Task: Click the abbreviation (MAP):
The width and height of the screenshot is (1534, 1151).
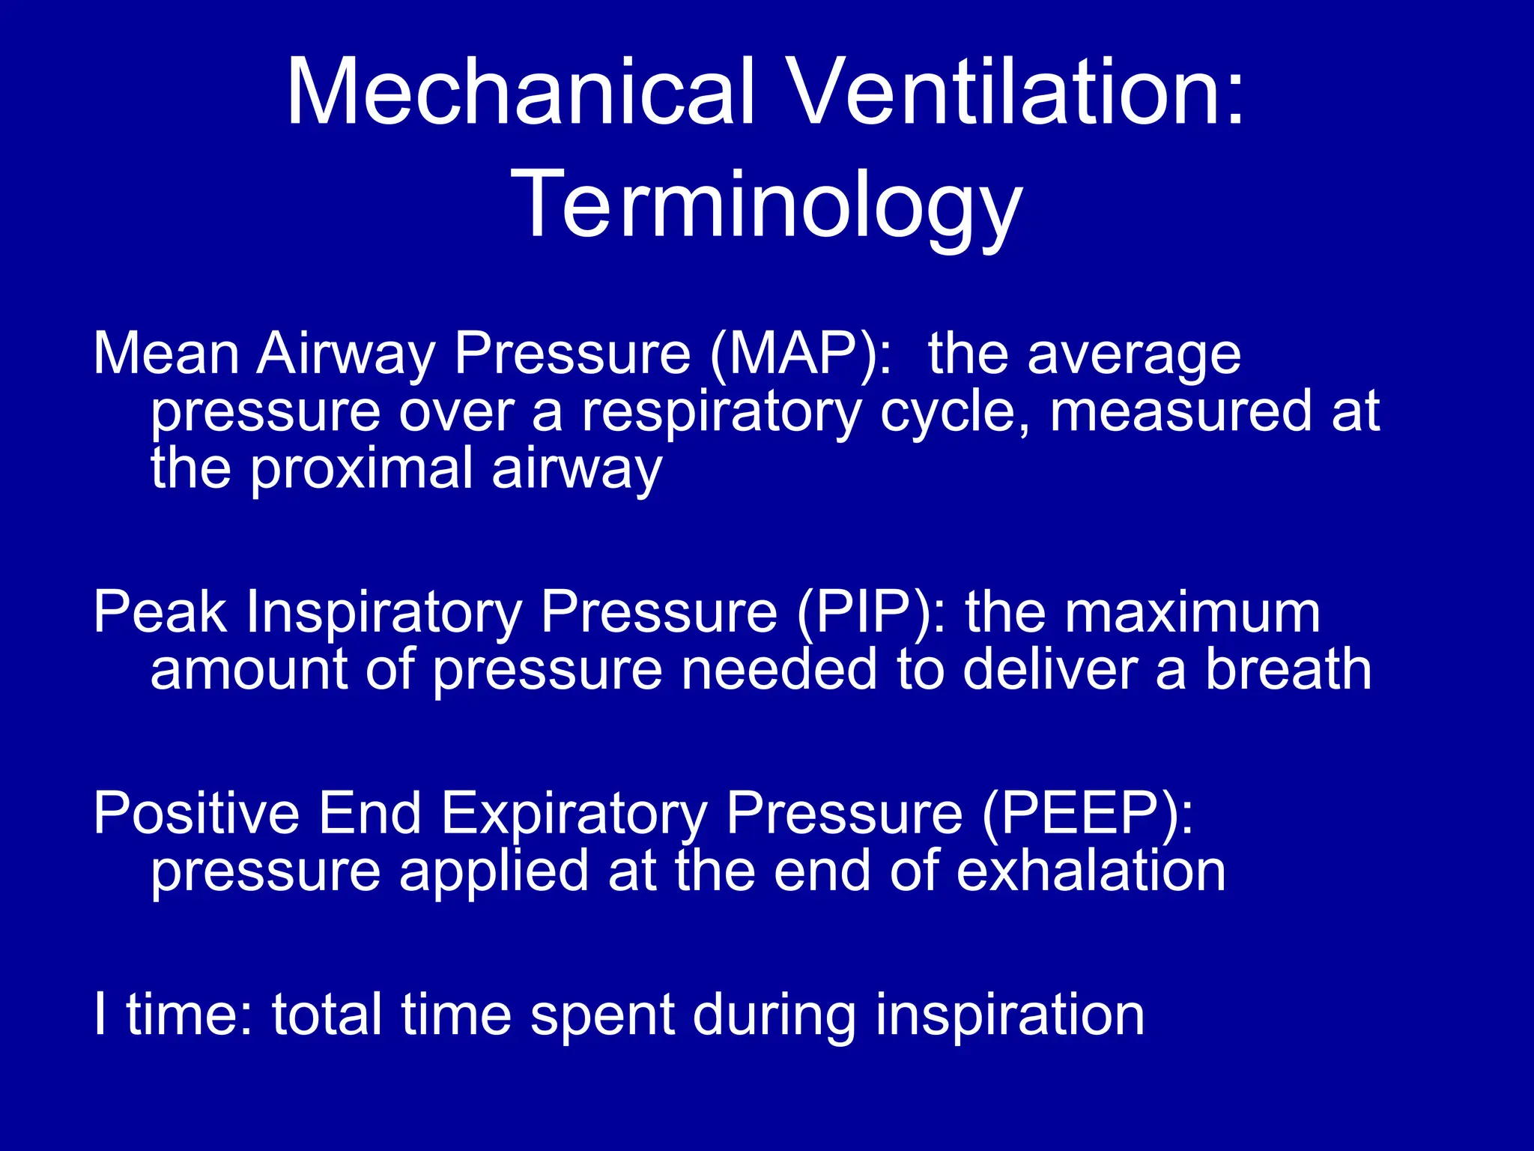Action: click(802, 354)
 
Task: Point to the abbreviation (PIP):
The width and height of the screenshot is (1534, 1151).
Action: click(871, 613)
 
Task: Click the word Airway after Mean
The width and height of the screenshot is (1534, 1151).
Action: click(345, 354)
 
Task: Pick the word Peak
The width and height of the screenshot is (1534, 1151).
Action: click(160, 613)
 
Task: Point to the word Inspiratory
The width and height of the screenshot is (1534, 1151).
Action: click(384, 613)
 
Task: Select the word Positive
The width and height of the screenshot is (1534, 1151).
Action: click(195, 814)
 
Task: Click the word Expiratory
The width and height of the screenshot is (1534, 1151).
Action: click(573, 814)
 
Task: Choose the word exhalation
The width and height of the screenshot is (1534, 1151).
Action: click(1091, 871)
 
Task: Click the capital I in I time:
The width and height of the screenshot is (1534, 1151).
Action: click(100, 1014)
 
